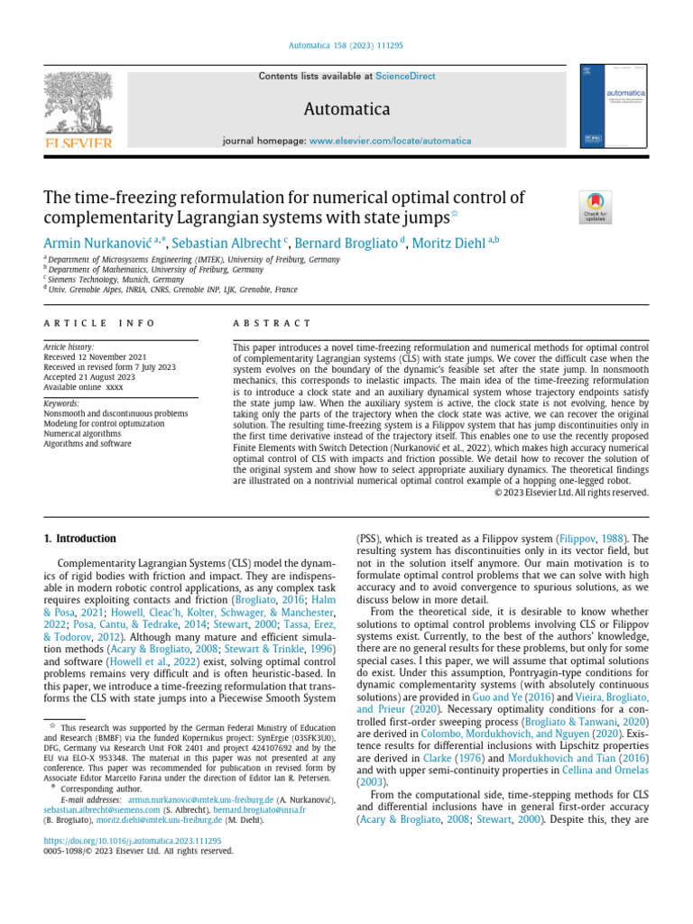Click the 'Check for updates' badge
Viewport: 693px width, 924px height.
pos(596,207)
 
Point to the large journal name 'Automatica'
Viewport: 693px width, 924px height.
pos(346,109)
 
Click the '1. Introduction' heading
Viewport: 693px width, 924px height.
pos(80,539)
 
